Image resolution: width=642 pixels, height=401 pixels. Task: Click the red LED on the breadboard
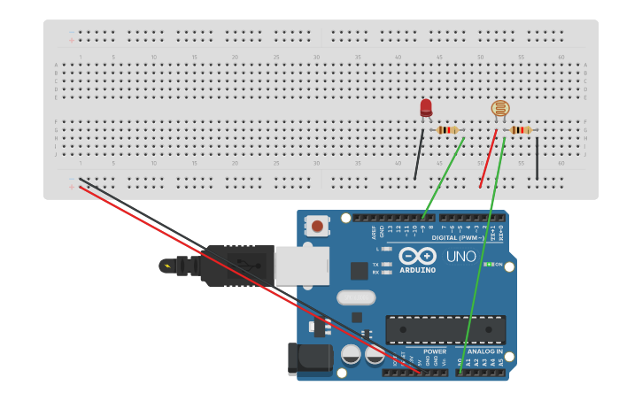[426, 108]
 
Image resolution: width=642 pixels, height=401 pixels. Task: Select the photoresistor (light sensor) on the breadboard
[500, 109]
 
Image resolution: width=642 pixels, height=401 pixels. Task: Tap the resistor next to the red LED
[448, 130]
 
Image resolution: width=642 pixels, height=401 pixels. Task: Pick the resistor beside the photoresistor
[521, 130]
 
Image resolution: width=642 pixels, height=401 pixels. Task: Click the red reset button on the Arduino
[316, 227]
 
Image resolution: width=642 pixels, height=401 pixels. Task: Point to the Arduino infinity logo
[417, 255]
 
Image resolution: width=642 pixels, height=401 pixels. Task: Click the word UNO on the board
[460, 257]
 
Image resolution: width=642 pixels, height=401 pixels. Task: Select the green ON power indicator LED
[488, 265]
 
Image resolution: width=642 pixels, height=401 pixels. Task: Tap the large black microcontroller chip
[445, 329]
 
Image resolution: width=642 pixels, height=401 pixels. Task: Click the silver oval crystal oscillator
[356, 297]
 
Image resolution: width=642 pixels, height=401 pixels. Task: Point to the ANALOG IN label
[484, 351]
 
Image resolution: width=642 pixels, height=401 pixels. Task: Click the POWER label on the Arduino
[435, 351]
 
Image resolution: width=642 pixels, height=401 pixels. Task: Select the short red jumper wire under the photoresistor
[488, 159]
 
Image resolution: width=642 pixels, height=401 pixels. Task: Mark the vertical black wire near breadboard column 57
[537, 158]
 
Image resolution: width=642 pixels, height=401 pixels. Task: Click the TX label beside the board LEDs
[375, 265]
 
